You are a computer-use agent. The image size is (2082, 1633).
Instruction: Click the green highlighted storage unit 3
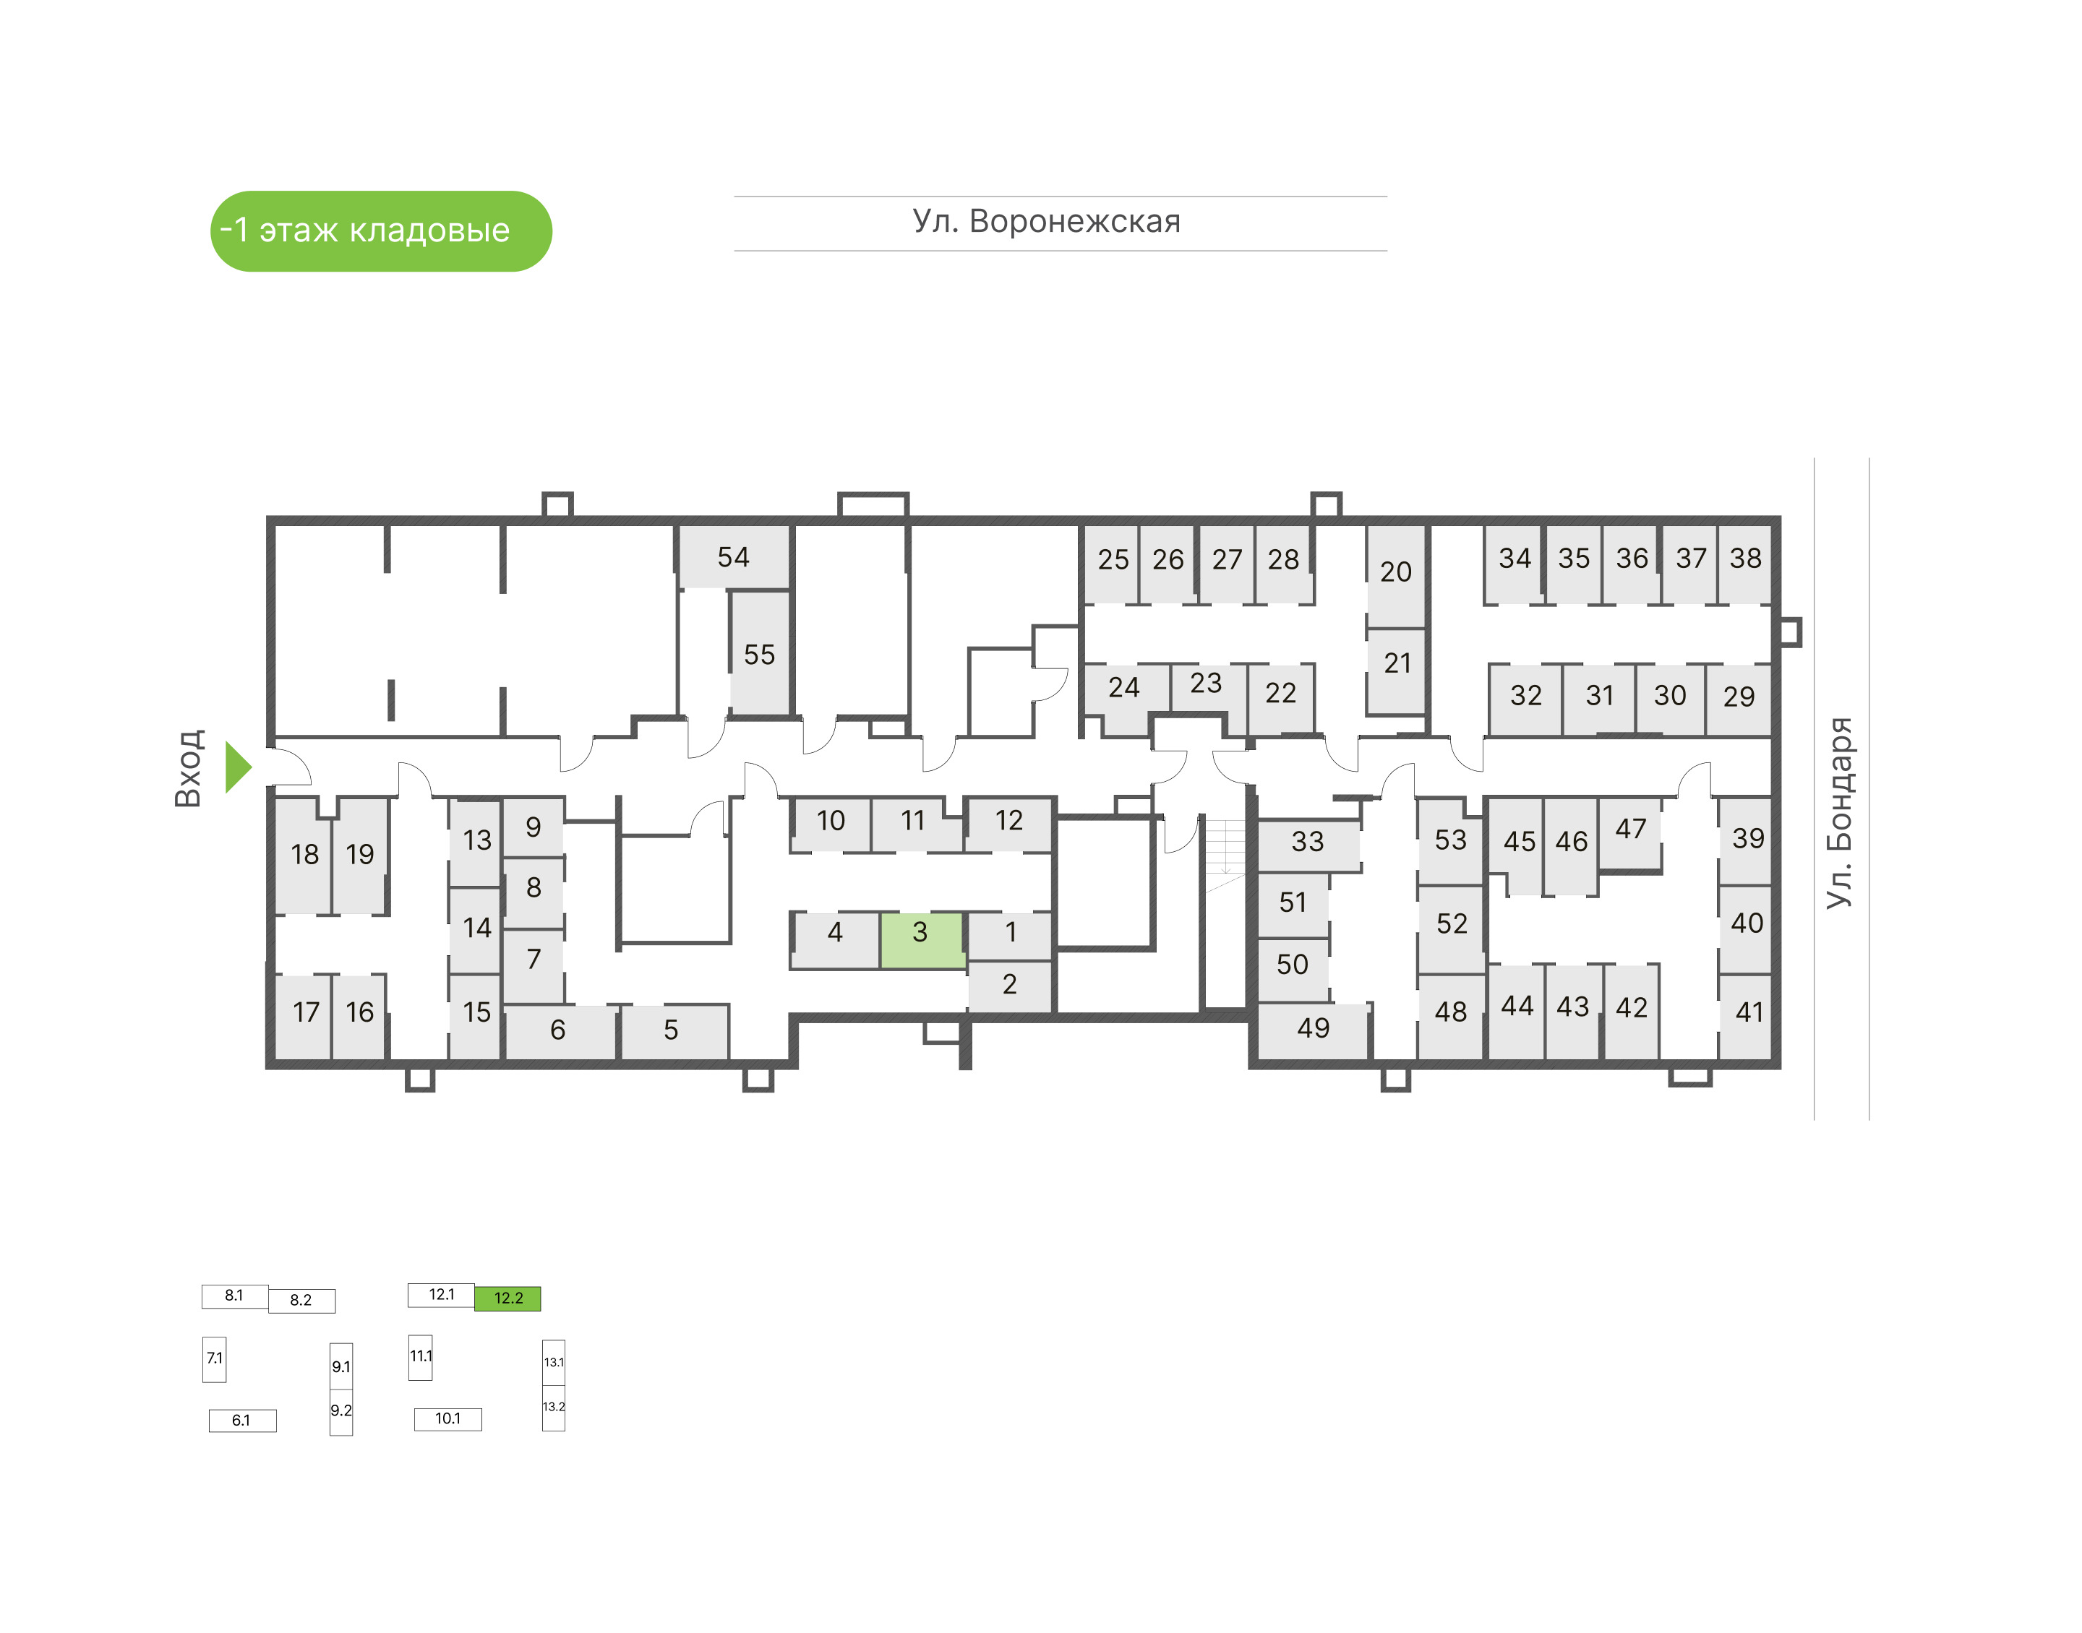coord(921,940)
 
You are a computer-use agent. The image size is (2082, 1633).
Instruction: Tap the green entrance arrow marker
coord(237,767)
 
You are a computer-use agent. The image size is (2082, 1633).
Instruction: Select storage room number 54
coord(734,557)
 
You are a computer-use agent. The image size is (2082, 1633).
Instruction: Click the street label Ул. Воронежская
coord(1046,222)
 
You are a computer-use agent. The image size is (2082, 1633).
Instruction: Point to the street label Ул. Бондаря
coord(1838,813)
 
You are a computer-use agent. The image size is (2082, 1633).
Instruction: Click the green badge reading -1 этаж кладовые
coord(381,231)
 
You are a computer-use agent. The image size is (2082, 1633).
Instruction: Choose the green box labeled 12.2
coord(507,1298)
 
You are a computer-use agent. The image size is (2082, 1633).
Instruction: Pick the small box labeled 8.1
coord(234,1296)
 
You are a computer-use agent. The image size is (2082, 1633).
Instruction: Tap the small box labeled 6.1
coord(242,1421)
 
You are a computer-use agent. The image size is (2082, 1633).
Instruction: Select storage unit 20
coord(1395,573)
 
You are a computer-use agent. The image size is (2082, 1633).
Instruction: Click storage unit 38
coord(1745,559)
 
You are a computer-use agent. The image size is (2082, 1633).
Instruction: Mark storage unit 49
coord(1313,1029)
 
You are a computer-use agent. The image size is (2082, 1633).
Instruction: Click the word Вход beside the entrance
coord(189,768)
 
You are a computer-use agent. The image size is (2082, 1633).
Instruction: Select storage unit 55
coord(759,655)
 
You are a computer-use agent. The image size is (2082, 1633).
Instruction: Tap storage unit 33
coord(1307,843)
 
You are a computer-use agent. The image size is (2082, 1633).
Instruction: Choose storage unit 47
coord(1631,830)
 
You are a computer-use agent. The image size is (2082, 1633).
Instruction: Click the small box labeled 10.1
coord(447,1419)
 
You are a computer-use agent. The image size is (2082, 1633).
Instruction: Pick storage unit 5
coord(672,1030)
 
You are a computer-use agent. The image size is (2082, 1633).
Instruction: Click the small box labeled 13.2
coord(554,1408)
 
